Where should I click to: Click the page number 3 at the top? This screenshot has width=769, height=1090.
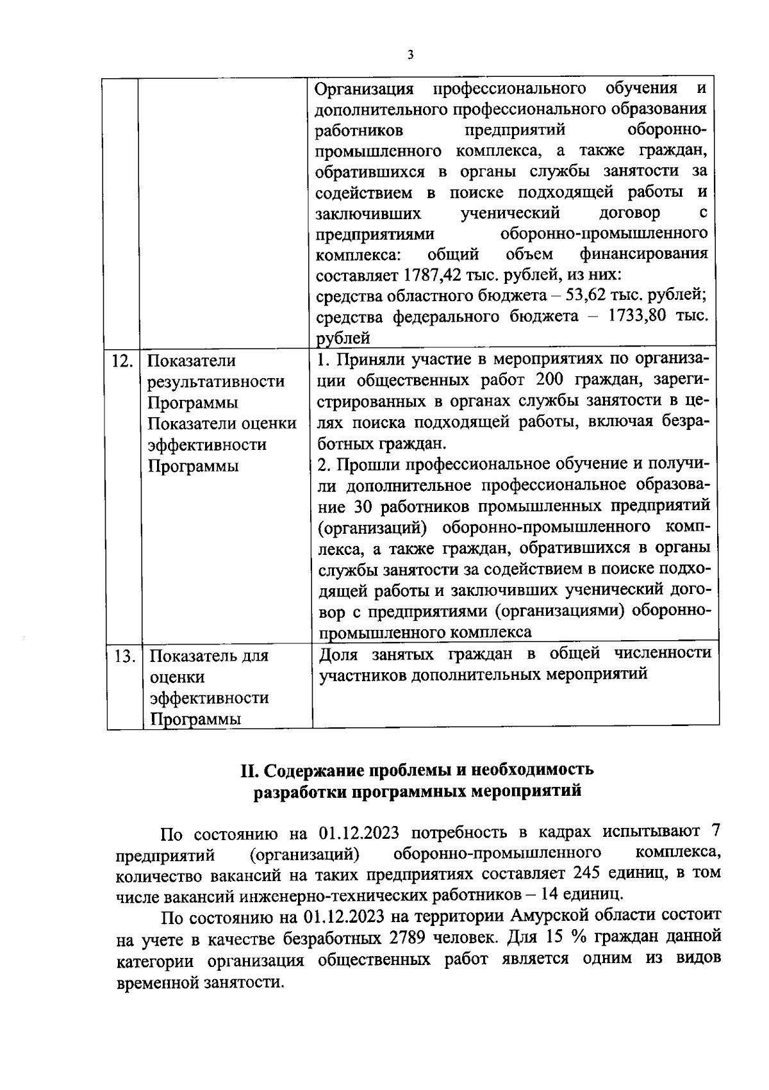[410, 55]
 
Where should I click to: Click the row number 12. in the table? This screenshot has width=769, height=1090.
[122, 361]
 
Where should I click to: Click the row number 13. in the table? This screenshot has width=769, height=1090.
[122, 656]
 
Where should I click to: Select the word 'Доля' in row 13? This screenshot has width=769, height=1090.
[338, 654]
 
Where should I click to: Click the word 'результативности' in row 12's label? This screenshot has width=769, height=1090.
[217, 382]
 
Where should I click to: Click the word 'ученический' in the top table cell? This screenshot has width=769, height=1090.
[510, 213]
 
